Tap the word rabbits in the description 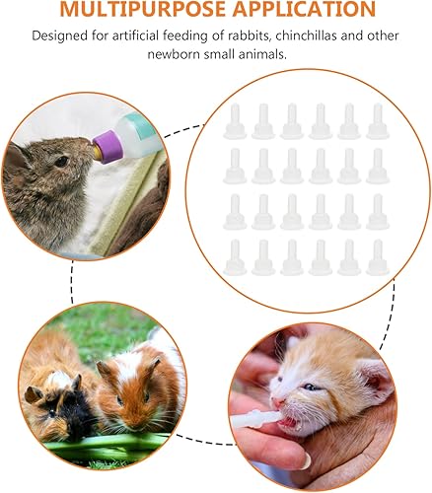coord(249,36)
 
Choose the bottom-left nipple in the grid coord(236,256)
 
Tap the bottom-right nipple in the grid coord(376,256)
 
